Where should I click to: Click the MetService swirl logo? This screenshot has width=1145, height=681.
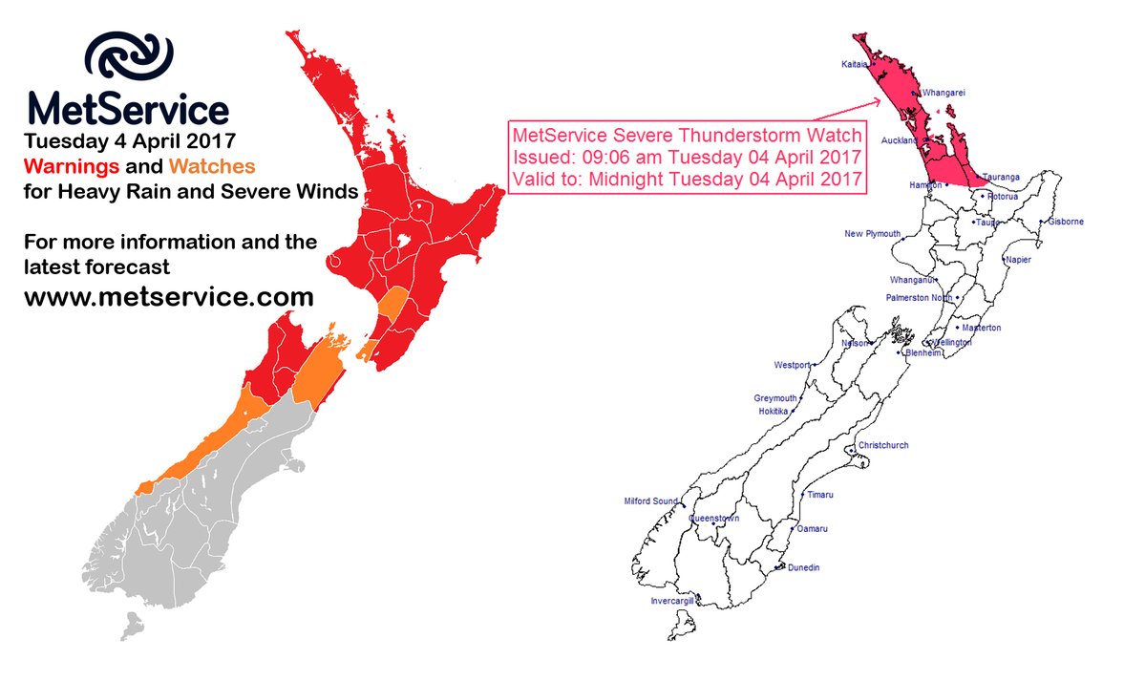tap(129, 61)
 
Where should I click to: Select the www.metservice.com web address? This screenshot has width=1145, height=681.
tap(168, 297)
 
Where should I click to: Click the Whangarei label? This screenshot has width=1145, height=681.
tap(944, 94)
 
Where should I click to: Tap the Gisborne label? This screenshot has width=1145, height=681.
tap(1065, 222)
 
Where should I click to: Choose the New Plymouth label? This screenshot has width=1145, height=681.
tap(872, 234)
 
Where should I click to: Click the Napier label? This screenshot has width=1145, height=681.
tap(1018, 260)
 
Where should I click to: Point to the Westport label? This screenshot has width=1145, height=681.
tap(792, 365)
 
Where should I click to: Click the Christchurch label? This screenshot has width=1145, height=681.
tap(883, 446)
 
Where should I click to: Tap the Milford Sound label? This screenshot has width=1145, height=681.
tap(650, 501)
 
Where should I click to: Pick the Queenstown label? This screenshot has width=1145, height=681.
tap(714, 519)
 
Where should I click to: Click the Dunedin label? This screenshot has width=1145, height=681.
tap(803, 568)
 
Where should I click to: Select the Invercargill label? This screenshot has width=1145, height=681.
tap(672, 602)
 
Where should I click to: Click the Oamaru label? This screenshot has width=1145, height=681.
tap(811, 529)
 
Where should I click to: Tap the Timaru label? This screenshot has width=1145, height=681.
tap(819, 495)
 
